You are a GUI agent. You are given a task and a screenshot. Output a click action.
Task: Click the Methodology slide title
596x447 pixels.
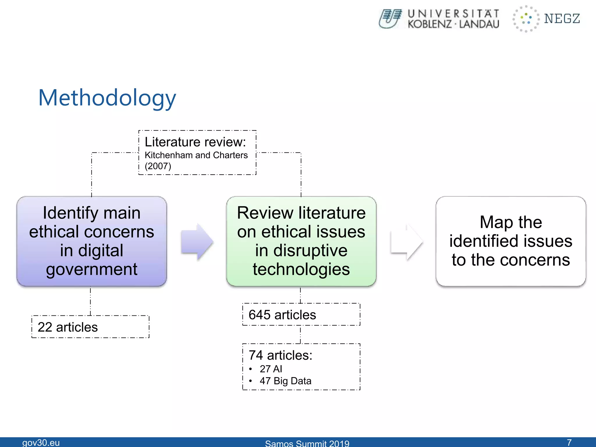[107, 98]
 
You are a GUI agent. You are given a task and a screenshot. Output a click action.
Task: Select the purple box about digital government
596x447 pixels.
[92, 241]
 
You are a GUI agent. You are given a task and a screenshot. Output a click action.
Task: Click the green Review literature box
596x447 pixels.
[301, 241]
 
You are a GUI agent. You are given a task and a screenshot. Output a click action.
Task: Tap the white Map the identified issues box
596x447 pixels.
[511, 241]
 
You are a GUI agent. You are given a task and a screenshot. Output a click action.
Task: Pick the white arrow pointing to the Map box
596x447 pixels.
[406, 242]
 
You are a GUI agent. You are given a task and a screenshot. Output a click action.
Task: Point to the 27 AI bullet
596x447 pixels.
[271, 369]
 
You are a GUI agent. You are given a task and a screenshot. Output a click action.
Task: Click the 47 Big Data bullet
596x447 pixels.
[285, 381]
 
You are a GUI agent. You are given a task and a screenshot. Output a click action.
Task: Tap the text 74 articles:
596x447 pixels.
[280, 355]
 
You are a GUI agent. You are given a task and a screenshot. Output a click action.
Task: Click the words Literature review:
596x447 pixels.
[195, 142]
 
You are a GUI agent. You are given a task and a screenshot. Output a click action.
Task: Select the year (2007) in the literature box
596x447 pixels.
[158, 166]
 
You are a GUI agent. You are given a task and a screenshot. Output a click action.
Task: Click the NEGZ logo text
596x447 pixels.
[562, 19]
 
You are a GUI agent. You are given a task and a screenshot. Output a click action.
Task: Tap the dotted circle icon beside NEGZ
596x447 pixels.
[526, 19]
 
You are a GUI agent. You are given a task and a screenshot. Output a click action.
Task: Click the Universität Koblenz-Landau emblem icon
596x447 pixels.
[390, 19]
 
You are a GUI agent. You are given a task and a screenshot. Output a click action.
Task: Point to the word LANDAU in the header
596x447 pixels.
[479, 24]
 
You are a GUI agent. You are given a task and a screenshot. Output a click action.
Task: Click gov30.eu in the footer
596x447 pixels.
[41, 442]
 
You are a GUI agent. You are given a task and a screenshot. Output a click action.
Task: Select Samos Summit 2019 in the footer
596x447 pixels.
[307, 443]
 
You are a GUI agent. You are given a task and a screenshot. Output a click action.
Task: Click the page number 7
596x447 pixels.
[569, 442]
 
